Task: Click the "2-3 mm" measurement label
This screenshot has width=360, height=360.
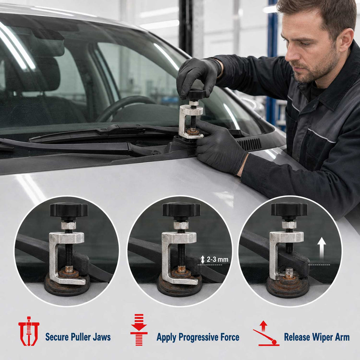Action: [x=217, y=259]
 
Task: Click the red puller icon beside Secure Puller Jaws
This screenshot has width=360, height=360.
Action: [x=29, y=331]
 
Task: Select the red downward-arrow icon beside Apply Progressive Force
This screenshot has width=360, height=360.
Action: [x=139, y=329]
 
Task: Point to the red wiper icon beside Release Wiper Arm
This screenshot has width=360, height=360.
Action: [x=266, y=333]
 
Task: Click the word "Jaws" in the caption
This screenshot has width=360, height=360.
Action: [x=102, y=337]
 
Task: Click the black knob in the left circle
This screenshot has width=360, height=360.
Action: [x=69, y=210]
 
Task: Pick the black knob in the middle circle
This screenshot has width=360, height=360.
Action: [x=181, y=210]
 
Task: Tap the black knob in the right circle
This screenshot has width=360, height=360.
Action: [x=289, y=209]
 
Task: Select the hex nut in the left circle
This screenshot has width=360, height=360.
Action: [x=69, y=226]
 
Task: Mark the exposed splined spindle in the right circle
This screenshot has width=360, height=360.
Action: [x=289, y=272]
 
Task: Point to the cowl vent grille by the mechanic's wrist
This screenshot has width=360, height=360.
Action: [x=250, y=144]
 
